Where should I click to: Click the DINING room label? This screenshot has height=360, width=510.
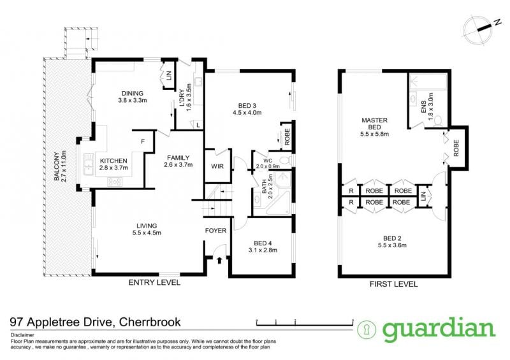click(133, 97)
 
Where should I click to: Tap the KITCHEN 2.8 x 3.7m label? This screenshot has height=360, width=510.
click(113, 164)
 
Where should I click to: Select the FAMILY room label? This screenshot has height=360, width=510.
click(178, 161)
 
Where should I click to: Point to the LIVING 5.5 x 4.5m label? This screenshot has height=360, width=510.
click(147, 229)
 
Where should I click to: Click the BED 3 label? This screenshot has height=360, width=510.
click(247, 109)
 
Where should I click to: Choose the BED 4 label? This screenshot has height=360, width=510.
click(263, 247)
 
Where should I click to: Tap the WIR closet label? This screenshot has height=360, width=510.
click(217, 166)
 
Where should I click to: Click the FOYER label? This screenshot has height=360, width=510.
click(215, 231)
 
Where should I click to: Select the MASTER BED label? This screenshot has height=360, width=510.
click(374, 127)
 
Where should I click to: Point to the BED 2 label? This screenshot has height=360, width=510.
click(392, 241)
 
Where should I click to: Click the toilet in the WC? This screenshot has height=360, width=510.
click(285, 160)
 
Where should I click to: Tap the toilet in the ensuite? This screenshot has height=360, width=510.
click(438, 121)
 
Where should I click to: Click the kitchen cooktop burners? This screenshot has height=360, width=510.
click(115, 182)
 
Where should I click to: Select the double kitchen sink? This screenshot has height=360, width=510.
click(88, 164)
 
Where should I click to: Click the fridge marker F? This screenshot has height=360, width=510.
click(143, 141)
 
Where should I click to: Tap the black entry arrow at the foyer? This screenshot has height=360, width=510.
click(219, 260)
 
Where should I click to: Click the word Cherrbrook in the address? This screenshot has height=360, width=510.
click(150, 322)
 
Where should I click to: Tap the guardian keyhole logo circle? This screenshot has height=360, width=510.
click(367, 330)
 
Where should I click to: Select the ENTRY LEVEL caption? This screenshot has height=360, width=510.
click(154, 282)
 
